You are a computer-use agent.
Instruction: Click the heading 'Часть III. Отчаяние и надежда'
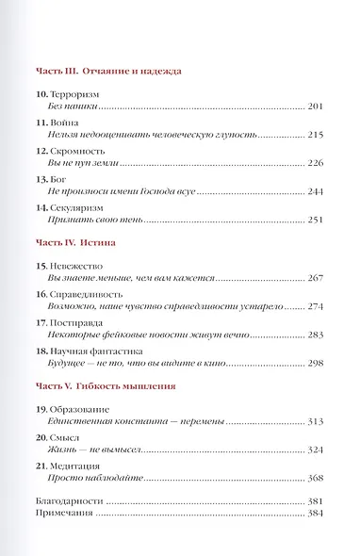point(113,71)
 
